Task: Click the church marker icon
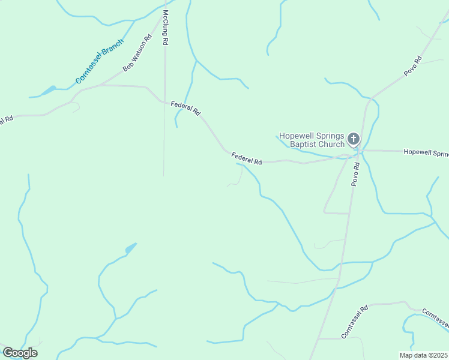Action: tap(354, 140)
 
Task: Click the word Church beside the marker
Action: tap(331, 144)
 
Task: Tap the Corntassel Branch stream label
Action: tap(99, 62)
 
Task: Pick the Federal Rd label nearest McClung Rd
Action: tap(185, 108)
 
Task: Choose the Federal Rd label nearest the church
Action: tap(247, 158)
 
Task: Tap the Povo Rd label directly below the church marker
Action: tap(355, 174)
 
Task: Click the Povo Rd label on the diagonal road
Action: tap(413, 65)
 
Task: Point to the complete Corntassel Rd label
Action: tap(354, 322)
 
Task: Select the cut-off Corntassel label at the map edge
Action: tap(435, 318)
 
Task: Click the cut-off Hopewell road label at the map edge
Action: tap(426, 152)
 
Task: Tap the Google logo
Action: tap(20, 353)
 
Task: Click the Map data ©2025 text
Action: tap(423, 355)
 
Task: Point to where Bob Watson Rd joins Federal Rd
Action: tap(101, 85)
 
